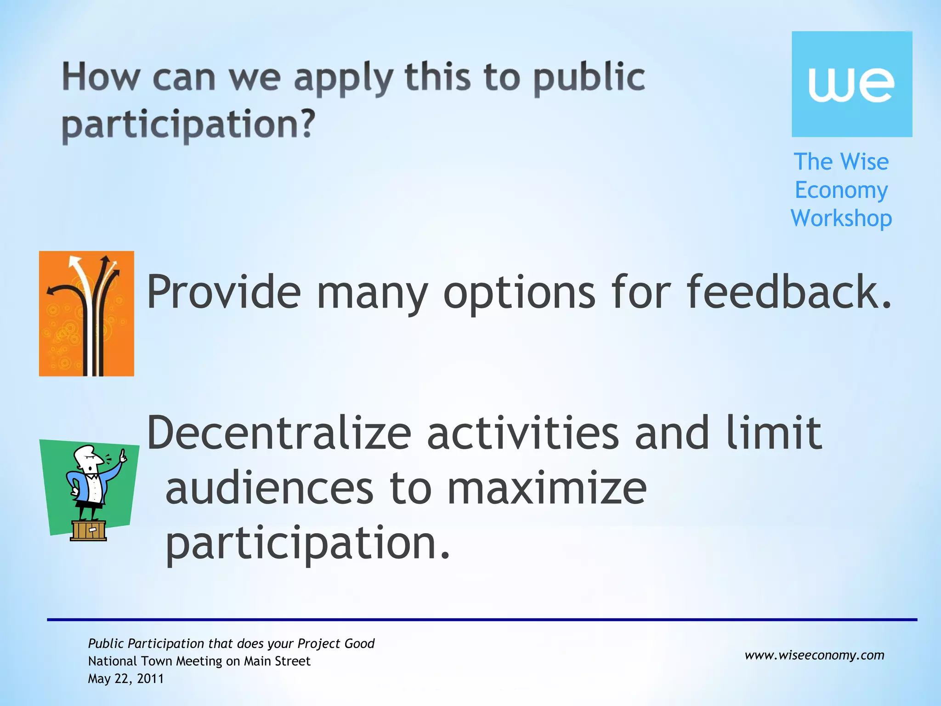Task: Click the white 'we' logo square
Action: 851,84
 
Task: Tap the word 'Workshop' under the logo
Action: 841,218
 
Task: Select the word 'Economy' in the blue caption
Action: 841,190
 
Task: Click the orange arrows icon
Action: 86,313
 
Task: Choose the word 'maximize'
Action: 547,489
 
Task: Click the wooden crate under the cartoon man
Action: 88,531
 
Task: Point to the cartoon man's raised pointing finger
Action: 123,455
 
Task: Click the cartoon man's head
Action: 88,458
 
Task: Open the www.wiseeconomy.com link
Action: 814,655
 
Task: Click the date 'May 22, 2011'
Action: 126,679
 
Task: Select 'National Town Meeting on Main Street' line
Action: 199,661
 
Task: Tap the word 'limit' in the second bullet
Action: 774,433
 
